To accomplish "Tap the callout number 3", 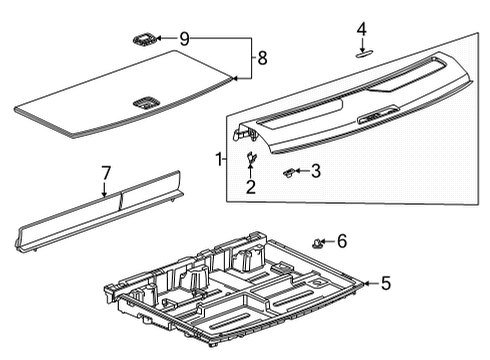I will pos(315,171).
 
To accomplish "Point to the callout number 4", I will pos(362,29).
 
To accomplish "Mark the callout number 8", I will pos(262,58).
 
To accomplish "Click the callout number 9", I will pos(184,39).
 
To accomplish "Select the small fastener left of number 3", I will pos(288,172).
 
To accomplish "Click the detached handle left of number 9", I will pos(143,39).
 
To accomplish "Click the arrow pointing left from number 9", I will pos(166,39).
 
